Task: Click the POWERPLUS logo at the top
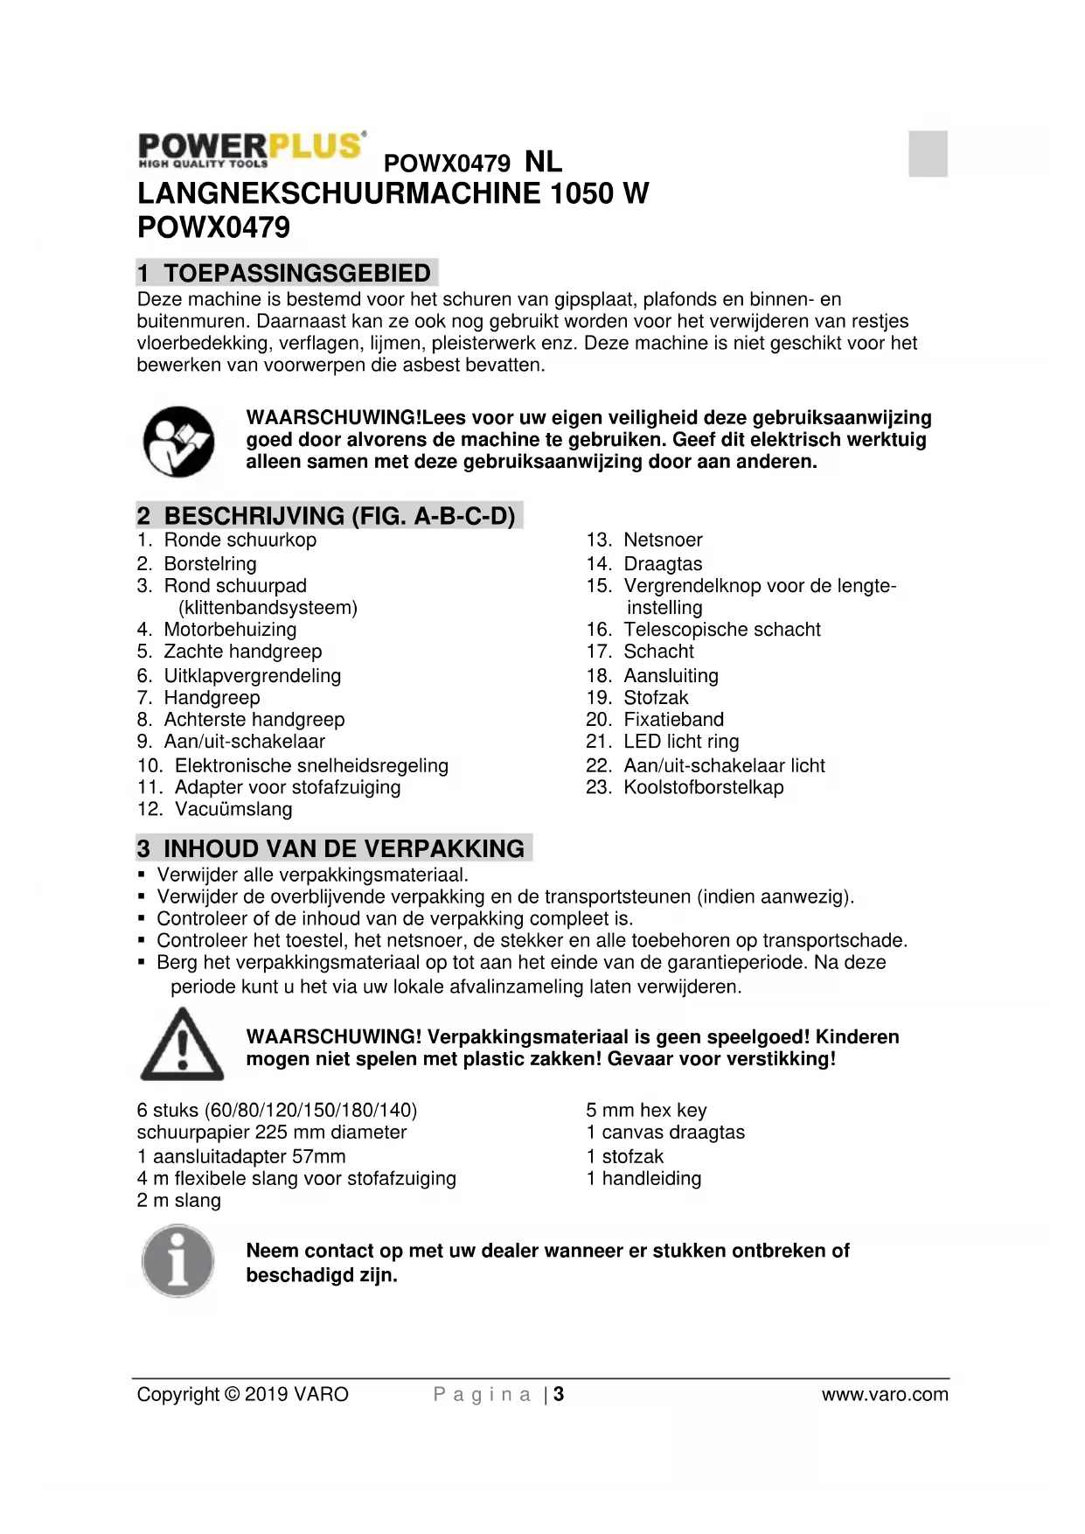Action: tap(251, 149)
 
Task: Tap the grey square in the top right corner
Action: tap(928, 154)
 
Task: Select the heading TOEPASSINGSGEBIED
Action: tap(296, 273)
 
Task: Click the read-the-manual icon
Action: tap(179, 441)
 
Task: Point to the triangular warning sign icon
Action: tap(182, 1044)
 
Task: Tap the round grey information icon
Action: tap(178, 1260)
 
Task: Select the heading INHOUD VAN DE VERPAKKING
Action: tap(344, 848)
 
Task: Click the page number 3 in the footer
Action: tap(559, 1394)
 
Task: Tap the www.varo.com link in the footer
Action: tap(884, 1394)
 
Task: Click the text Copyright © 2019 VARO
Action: tap(242, 1394)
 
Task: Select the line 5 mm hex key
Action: tap(646, 1111)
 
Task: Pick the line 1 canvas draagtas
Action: tap(665, 1133)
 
